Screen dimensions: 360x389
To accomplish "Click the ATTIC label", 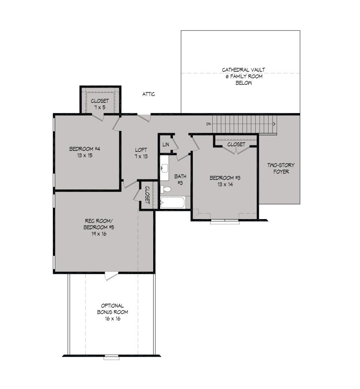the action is pos(149,94).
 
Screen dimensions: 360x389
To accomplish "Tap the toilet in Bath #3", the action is pos(166,189).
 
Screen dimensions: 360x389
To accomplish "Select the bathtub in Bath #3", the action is pos(172,203).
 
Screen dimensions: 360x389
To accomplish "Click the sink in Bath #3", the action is pos(164,168).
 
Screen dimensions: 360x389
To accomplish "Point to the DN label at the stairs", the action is pos(209,124).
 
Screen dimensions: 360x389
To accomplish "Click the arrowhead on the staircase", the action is pos(274,124).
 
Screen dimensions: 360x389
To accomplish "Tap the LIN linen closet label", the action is pos(166,144).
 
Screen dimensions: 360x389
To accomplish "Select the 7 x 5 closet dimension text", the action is pos(100,108).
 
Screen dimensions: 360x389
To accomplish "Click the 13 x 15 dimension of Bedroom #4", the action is pos(84,156).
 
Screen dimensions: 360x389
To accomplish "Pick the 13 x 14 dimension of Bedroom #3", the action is pos(225,184).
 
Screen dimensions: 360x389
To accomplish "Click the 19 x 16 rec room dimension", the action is pos(99,234).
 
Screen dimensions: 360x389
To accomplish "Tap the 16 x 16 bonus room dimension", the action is pos(112,319).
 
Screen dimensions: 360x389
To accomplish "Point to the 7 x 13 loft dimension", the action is pos(141,156).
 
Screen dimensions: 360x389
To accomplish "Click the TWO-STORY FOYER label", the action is pos(281,168).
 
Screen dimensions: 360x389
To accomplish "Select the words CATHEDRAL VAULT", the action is pos(243,70).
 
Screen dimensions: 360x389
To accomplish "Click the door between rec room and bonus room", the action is pos(111,276).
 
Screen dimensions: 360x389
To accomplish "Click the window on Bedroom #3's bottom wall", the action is pos(225,222).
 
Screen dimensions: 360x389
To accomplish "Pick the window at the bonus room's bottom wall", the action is pos(111,357).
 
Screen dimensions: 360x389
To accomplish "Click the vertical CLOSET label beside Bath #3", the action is pos(147,195).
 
